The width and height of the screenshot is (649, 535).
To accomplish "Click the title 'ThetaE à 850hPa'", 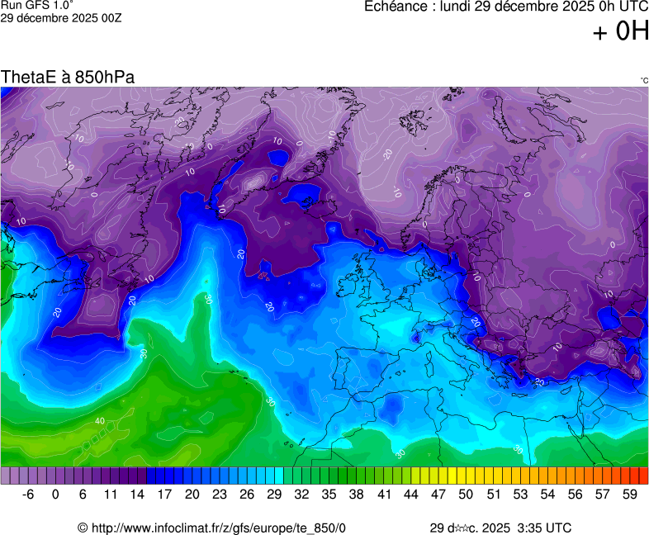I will pyautogui.click(x=68, y=77).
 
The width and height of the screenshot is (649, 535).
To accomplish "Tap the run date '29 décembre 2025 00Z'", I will pyautogui.click(x=61, y=18).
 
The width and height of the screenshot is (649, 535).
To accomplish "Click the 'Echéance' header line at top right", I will pyautogui.click(x=506, y=7).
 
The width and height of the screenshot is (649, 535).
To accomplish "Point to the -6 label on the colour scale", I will pyautogui.click(x=28, y=495).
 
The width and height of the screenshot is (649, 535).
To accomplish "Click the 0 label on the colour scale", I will pyautogui.click(x=55, y=495).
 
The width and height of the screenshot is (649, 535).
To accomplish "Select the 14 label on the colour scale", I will pyautogui.click(x=137, y=495).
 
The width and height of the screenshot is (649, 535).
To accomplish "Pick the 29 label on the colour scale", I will pyautogui.click(x=274, y=495).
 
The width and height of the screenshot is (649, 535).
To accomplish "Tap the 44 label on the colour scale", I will pyautogui.click(x=410, y=495).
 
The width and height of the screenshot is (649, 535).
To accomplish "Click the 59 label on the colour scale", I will pyautogui.click(x=629, y=495).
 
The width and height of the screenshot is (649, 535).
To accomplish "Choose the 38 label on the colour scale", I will pyautogui.click(x=356, y=495).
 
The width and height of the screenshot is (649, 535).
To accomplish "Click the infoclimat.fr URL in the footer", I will pyautogui.click(x=211, y=528).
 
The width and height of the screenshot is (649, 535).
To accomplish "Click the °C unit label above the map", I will pyautogui.click(x=643, y=80).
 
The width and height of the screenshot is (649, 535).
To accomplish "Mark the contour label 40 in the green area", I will pyautogui.click(x=100, y=421).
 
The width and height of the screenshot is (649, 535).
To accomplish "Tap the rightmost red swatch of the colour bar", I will pyautogui.click(x=643, y=476).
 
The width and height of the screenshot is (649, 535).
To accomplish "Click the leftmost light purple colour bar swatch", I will pyautogui.click(x=6, y=476).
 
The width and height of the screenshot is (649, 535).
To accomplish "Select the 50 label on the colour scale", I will pyautogui.click(x=466, y=495).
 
